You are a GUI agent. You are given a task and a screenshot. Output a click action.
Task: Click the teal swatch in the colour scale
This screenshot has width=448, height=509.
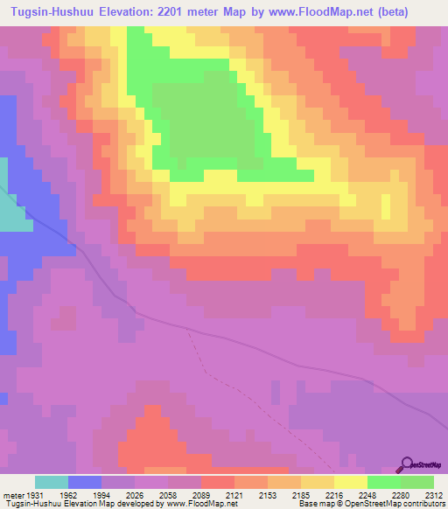(x=52, y=482)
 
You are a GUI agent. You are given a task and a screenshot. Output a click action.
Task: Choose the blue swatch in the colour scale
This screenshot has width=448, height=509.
(x=85, y=482)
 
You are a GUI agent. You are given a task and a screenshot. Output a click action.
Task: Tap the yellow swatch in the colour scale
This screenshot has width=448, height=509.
(x=350, y=482)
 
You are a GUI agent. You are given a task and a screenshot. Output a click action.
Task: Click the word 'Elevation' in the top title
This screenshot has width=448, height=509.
(x=136, y=11)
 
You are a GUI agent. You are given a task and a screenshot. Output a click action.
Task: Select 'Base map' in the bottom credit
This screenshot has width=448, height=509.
(x=313, y=504)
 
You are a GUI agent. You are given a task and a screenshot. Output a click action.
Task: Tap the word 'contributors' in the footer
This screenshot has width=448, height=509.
(x=423, y=504)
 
